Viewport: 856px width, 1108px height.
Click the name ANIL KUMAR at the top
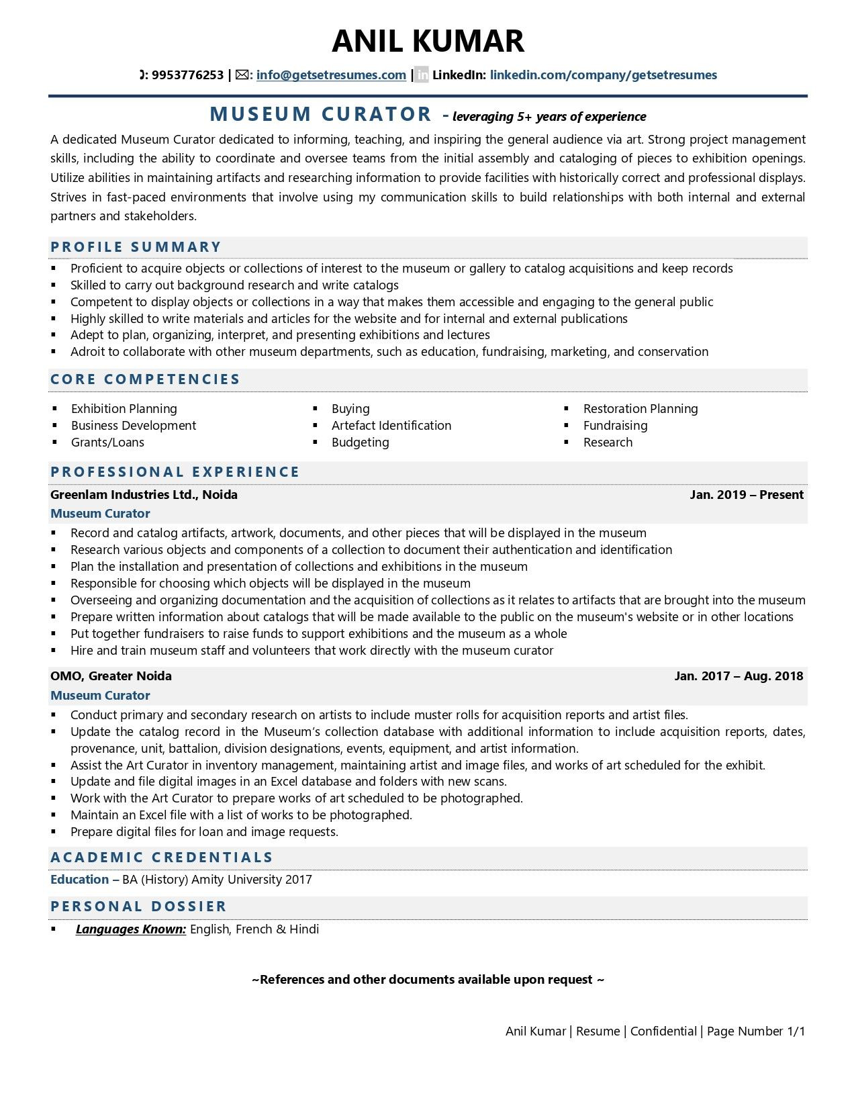tap(428, 41)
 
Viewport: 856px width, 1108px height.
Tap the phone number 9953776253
tap(187, 75)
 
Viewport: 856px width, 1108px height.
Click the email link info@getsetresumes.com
tap(331, 75)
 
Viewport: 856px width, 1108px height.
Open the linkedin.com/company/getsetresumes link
tap(603, 75)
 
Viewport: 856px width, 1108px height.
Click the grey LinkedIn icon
tap(422, 75)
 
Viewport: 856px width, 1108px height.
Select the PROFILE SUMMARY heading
tap(136, 247)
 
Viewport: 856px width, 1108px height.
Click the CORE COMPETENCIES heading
tap(145, 379)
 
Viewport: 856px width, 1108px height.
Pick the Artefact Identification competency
tap(391, 426)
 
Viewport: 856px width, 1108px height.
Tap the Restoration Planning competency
tap(640, 409)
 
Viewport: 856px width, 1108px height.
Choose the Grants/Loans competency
tap(107, 443)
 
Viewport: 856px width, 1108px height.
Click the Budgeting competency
tap(360, 443)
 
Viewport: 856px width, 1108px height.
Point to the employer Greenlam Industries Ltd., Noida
tap(144, 495)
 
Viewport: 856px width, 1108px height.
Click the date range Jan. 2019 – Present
tap(746, 495)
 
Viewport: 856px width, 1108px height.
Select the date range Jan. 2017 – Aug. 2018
tap(739, 676)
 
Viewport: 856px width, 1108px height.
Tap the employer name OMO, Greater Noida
tap(111, 676)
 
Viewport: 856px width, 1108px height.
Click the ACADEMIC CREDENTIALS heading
tap(162, 858)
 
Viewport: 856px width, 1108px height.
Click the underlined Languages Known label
tap(131, 929)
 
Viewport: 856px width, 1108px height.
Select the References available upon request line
tap(428, 980)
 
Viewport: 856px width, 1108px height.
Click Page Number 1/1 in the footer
tap(755, 1031)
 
